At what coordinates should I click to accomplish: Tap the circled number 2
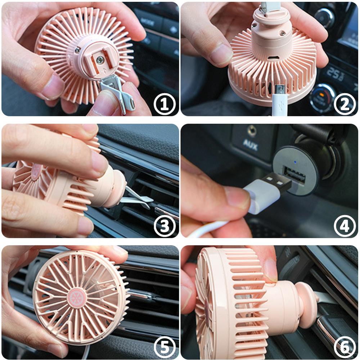coord(345,104)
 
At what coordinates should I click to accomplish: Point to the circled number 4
coord(345,226)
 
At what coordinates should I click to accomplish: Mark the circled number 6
coord(345,348)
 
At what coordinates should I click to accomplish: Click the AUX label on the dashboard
coord(250,145)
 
